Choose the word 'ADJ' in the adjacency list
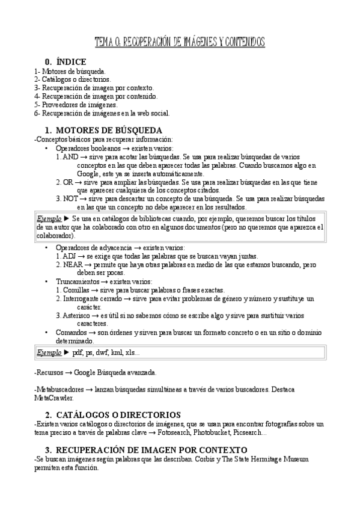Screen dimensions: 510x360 click(70, 256)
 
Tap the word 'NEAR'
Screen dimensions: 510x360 click(73, 265)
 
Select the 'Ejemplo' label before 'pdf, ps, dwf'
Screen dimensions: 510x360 click(49, 352)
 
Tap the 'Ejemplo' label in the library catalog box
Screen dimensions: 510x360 click(49, 219)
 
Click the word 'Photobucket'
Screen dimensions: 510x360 click(226, 432)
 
